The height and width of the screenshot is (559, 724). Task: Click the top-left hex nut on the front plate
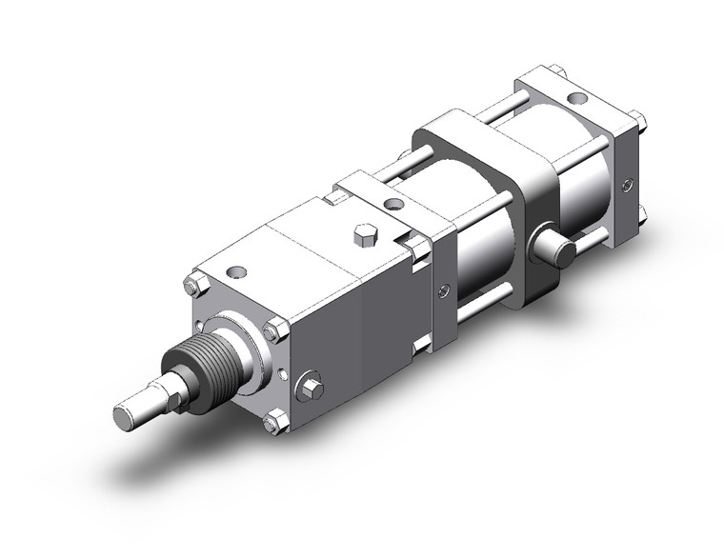pyautogui.click(x=195, y=284)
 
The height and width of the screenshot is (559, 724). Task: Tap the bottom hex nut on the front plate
pyautogui.click(x=275, y=420)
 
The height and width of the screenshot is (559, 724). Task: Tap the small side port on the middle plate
pyautogui.click(x=441, y=291)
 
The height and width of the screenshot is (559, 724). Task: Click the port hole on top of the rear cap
pyautogui.click(x=575, y=97)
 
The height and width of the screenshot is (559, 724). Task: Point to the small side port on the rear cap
pyautogui.click(x=626, y=184)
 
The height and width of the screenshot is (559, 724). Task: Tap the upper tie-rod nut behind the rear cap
pyautogui.click(x=638, y=122)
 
